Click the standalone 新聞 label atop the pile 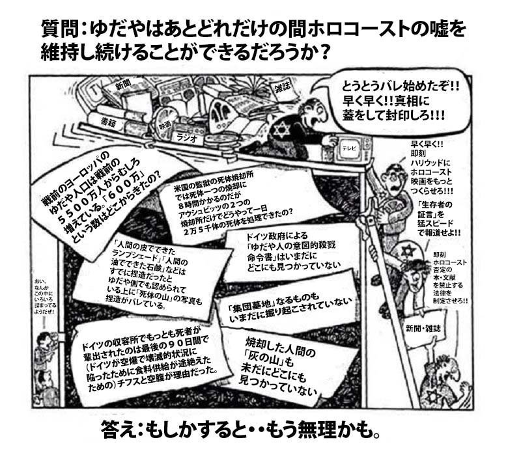coord(124,85)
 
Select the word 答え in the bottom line coord(117,432)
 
